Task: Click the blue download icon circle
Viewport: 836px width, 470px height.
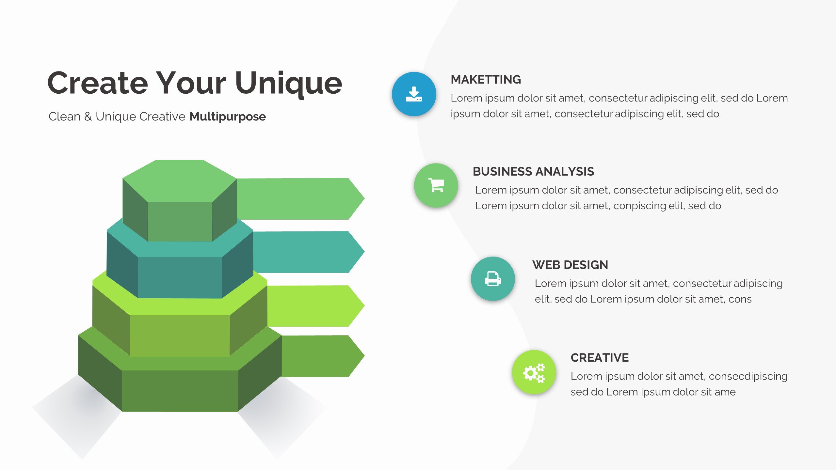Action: point(414,94)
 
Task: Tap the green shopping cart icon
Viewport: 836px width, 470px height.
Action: point(436,185)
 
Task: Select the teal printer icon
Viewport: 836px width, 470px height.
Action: point(493,279)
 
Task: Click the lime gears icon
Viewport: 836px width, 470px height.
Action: point(534,372)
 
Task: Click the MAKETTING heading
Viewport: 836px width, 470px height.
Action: point(486,80)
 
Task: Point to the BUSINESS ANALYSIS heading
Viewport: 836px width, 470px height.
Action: point(533,172)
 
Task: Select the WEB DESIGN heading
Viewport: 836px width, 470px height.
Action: point(570,265)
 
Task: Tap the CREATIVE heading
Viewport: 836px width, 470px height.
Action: point(600,358)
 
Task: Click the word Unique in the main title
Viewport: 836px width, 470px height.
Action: point(288,84)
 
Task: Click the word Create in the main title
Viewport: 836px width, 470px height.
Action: point(98,84)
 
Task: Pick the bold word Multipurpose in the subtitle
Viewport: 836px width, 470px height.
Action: point(228,117)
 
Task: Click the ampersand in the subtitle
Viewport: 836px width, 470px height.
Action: point(88,117)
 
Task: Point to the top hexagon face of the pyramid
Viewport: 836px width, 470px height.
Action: point(180,180)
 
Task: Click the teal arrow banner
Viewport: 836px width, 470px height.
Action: point(307,252)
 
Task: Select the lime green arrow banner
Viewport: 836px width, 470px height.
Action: point(313,306)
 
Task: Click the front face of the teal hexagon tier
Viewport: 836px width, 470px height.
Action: point(180,277)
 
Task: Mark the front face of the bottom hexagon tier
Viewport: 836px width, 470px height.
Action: point(180,391)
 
